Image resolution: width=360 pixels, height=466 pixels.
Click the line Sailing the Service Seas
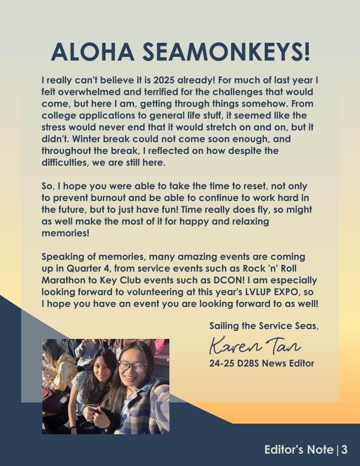(264, 326)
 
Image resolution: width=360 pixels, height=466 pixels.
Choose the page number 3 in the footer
(344, 450)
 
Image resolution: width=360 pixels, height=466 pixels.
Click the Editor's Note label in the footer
(299, 450)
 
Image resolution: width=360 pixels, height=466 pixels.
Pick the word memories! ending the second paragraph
(65, 233)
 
